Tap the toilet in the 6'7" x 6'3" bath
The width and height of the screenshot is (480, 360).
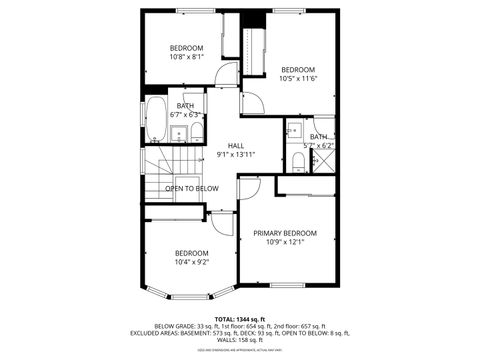pos(197,131)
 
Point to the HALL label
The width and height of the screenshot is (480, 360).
pos(236,145)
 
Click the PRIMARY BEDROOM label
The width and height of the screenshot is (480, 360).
pos(285,232)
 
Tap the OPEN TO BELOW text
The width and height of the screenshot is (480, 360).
pos(192,188)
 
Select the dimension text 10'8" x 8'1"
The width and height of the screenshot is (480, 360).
pos(186,58)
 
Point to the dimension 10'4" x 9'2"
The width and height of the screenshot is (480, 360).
pos(191,262)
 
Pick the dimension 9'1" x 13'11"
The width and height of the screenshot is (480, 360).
pos(236,155)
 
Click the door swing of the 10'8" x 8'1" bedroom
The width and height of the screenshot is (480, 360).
pos(228,72)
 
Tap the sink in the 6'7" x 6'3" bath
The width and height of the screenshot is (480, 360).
pos(177,134)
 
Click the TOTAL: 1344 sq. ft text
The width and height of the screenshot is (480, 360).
pos(240,318)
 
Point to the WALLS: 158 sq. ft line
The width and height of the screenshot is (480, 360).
pos(240,339)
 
